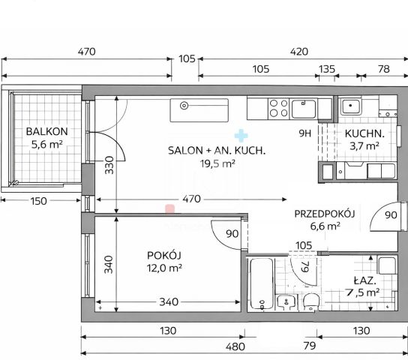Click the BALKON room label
46,131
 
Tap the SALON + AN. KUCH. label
217,151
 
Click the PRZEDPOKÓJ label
325,214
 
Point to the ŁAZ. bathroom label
364,280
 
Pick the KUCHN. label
364,133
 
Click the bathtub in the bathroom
262,283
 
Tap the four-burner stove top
279,108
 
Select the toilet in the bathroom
311,302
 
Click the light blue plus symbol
241,136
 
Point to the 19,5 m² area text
217,163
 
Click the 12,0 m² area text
164,268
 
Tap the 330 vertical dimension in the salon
109,165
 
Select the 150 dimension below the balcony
39,201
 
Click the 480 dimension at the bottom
235,346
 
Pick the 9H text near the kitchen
305,133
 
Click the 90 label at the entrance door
391,215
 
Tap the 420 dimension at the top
299,52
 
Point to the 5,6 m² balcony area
46,144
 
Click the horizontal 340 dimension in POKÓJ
169,302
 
